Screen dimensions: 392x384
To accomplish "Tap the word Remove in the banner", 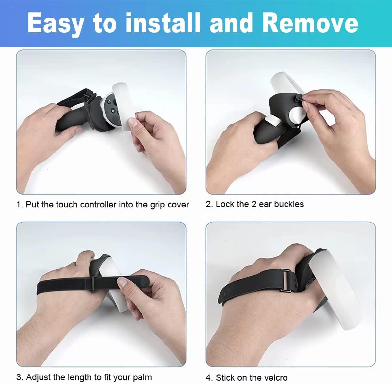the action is (310, 23).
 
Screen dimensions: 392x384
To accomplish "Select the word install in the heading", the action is (163, 23).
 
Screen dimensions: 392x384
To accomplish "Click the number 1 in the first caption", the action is (19, 205).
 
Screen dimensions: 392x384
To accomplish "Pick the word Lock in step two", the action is (223, 204).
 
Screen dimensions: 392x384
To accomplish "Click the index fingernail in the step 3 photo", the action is (122, 283).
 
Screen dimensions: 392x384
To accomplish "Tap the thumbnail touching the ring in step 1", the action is (133, 123).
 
